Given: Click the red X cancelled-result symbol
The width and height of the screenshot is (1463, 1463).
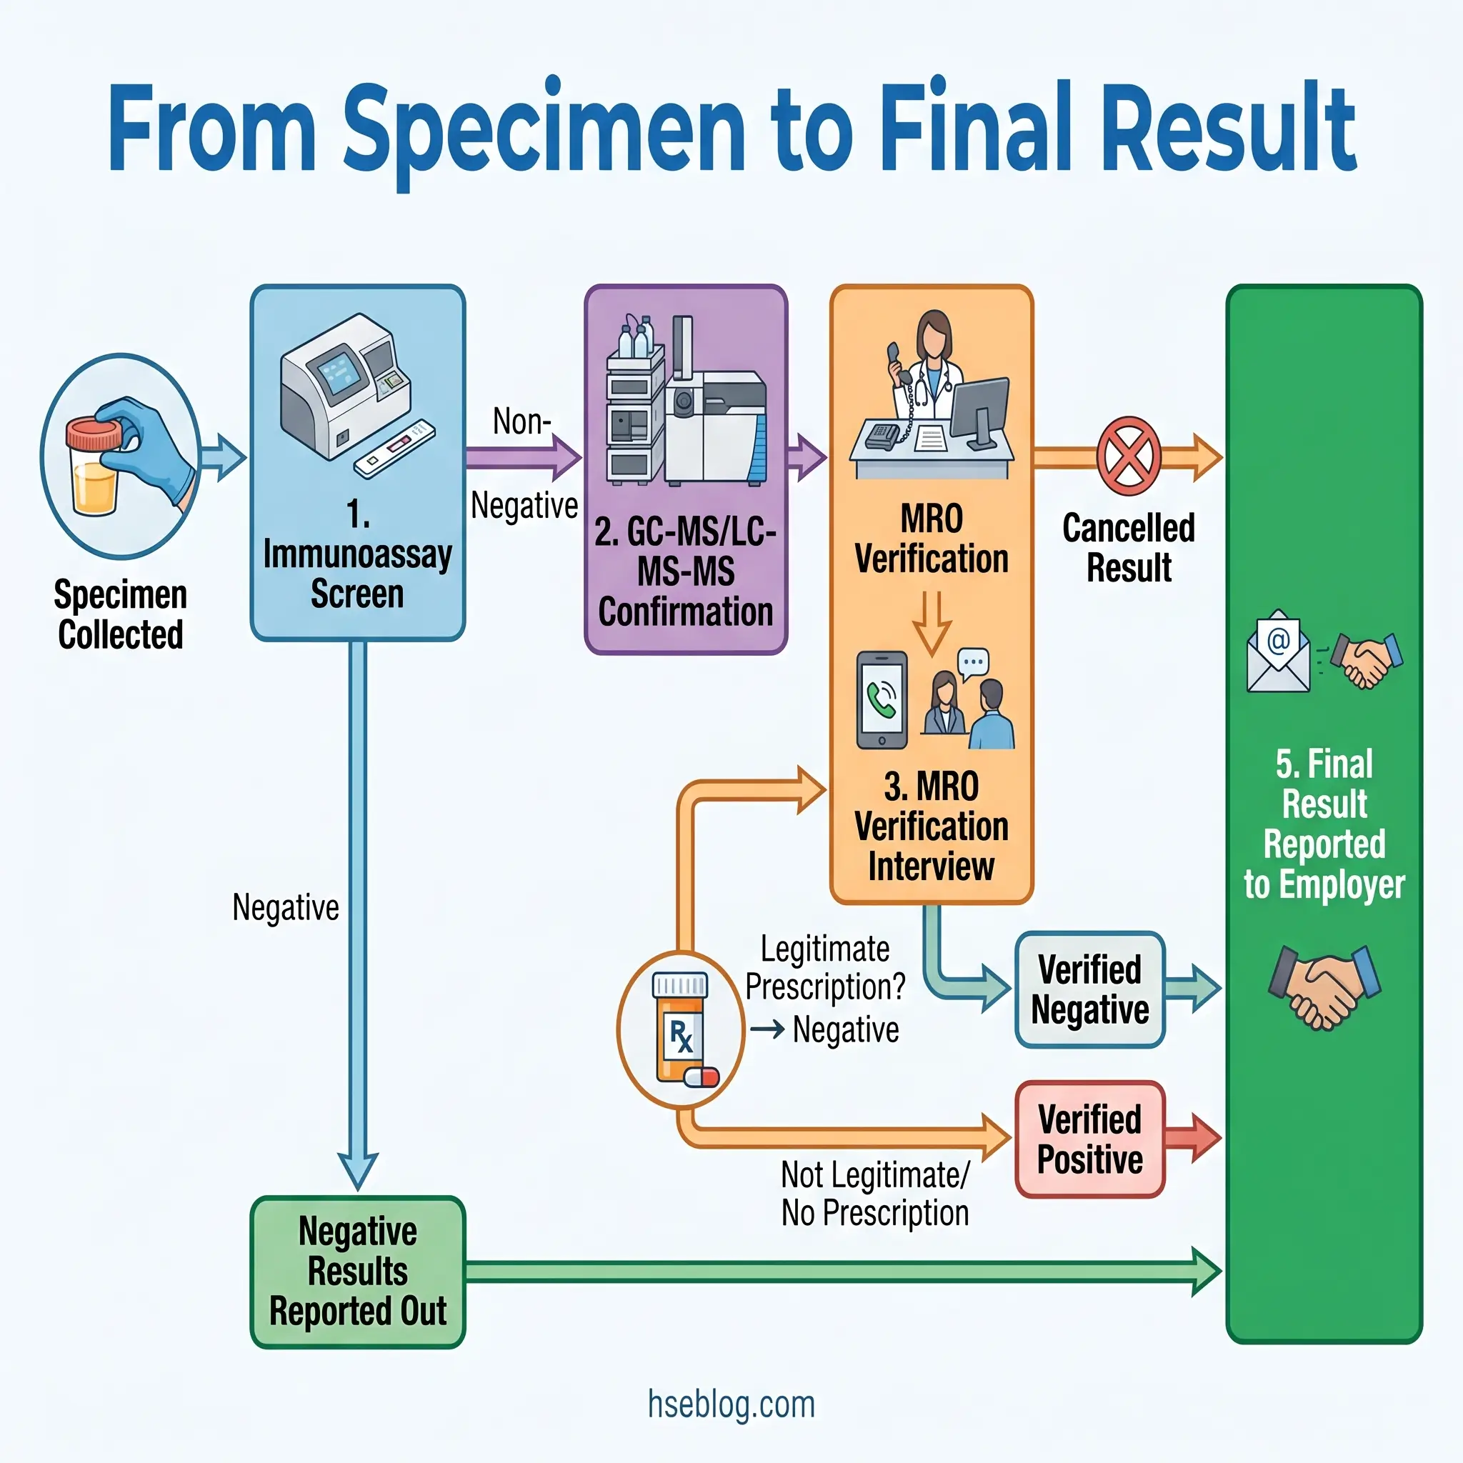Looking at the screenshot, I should point(1128,456).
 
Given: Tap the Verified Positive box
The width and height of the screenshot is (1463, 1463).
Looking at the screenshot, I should point(1089,1139).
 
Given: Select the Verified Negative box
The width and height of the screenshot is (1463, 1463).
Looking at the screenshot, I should point(1089,989).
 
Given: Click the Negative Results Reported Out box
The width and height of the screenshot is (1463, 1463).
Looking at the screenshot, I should point(357,1272).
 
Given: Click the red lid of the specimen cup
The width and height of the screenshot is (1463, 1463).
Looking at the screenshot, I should point(94,433).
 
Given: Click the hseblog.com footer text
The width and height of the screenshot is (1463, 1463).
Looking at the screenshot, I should point(731,1404).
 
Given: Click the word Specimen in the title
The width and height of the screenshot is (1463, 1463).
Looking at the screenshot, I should point(545,129).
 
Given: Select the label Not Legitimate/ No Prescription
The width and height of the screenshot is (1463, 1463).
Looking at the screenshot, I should point(874,1194).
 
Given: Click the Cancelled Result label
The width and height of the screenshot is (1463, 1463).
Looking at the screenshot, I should point(1128,547).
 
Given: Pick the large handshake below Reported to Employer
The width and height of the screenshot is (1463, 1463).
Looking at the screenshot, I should point(1324,987).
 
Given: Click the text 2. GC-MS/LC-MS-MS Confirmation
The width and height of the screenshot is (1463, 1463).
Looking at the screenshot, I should point(685,571).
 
